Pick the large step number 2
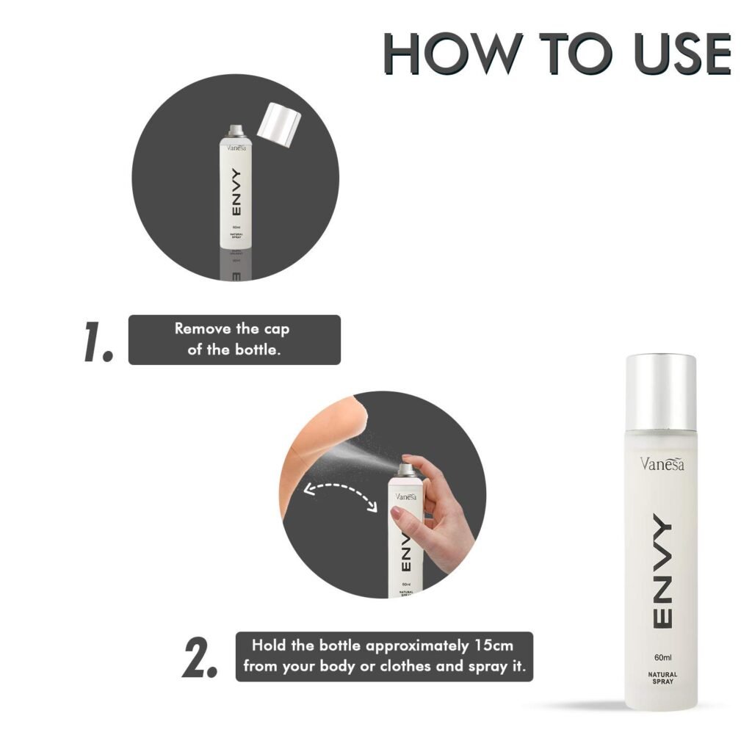click(x=199, y=659)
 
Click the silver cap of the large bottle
click(x=660, y=392)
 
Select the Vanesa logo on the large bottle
click(x=660, y=463)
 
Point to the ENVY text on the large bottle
click(x=660, y=573)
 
